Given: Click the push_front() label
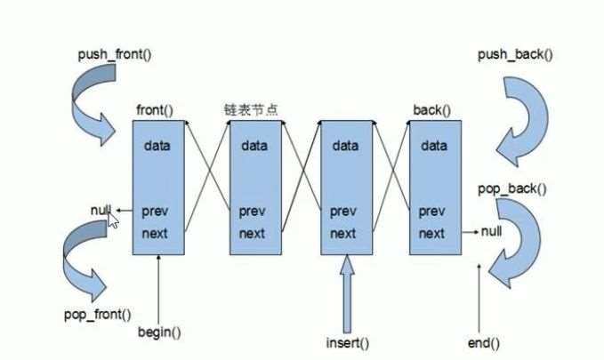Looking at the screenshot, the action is pos(115,54).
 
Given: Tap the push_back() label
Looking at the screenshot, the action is pos(515,54).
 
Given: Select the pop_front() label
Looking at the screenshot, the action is pos(98,315).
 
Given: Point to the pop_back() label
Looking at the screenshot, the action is pos(512,189).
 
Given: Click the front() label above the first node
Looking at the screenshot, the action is pos(155,110).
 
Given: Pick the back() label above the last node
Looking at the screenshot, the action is pos(431,110).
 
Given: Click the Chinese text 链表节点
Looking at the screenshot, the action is pos(251,109).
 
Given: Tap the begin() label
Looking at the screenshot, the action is pos(159,332).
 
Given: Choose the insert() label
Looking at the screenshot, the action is pos(348,343).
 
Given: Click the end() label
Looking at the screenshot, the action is pos(483,343).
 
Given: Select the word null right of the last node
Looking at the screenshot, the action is pos(492,231).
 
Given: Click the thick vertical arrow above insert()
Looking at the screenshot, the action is pos(347,293).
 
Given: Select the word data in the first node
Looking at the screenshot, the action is pos(157,146).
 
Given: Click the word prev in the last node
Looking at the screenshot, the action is pos(431,212).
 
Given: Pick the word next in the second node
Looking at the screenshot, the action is pos(252,233).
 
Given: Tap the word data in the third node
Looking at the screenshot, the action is pos(345,146).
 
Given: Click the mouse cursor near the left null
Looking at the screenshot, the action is pos(113,220).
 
